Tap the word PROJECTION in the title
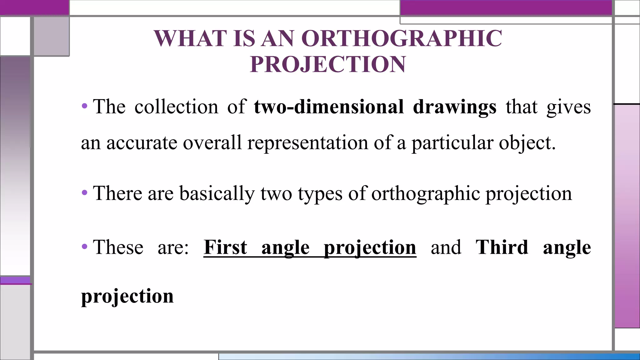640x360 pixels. (x=328, y=64)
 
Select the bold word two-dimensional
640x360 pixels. (x=329, y=107)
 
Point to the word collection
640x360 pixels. (x=176, y=107)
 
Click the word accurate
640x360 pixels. (x=142, y=143)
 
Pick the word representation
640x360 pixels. (x=307, y=143)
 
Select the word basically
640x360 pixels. (x=217, y=193)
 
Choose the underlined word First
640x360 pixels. (x=225, y=247)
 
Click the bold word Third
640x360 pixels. (x=502, y=247)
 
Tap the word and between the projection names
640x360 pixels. (x=446, y=247)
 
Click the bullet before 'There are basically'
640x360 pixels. (x=84, y=193)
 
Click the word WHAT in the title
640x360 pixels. (x=191, y=39)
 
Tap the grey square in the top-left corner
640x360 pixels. (x=51, y=36)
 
